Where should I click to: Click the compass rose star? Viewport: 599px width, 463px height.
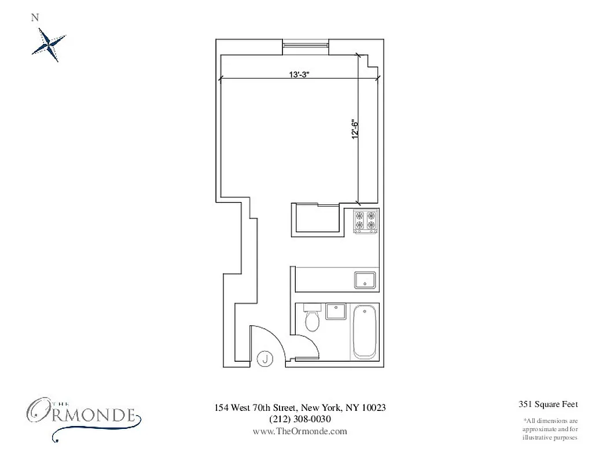tap(49, 44)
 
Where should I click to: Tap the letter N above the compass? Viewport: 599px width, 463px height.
tap(35, 17)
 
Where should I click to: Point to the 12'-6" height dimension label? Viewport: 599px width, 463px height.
tap(355, 128)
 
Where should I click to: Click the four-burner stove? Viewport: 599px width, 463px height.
tap(366, 222)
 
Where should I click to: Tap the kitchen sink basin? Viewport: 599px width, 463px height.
tap(365, 280)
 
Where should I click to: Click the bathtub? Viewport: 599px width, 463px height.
tap(365, 332)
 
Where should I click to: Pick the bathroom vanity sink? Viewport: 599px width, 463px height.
tap(335, 311)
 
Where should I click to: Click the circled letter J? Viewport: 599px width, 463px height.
tap(265, 358)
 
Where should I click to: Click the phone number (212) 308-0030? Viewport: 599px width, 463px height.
tap(300, 419)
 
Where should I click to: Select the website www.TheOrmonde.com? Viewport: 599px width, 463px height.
tap(300, 431)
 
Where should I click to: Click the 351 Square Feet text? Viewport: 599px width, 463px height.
tap(549, 405)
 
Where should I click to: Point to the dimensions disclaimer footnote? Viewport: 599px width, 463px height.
tap(550, 429)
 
